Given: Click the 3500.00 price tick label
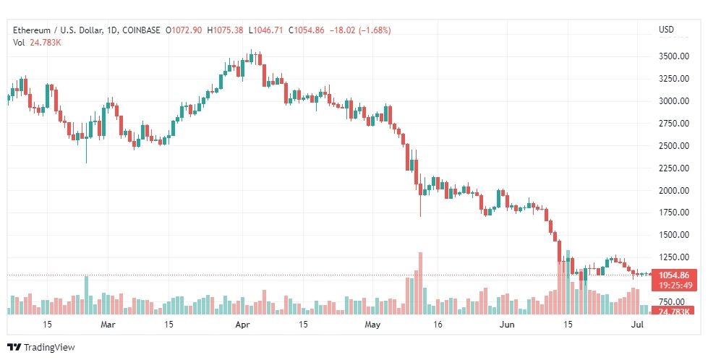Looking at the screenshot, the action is pyautogui.click(x=674, y=56).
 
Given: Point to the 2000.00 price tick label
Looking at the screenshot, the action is pyautogui.click(x=674, y=190).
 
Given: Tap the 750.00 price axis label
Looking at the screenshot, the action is pyautogui.click(x=674, y=301).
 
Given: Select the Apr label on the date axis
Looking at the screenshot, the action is pyautogui.click(x=243, y=325).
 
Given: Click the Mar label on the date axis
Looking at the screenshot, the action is pyautogui.click(x=108, y=325).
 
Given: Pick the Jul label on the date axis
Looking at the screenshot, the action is pyautogui.click(x=637, y=325).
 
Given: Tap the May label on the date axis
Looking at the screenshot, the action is pyautogui.click(x=372, y=325).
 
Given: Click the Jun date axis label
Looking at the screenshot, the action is pyautogui.click(x=507, y=325).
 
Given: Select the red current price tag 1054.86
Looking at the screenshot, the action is pyautogui.click(x=674, y=275).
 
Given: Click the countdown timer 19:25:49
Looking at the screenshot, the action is pyautogui.click(x=674, y=285).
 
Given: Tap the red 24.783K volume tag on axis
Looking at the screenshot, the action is pyautogui.click(x=674, y=312).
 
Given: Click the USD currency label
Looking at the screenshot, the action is pyautogui.click(x=666, y=30).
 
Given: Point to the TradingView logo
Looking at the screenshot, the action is pyautogui.click(x=41, y=348).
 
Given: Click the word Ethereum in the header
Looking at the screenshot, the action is pyautogui.click(x=32, y=30).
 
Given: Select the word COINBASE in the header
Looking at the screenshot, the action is pyautogui.click(x=141, y=30).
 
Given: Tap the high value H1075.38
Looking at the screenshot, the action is pyautogui.click(x=225, y=30).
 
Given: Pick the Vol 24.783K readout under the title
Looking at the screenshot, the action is pyautogui.click(x=37, y=43).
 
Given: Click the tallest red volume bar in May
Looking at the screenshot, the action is pyautogui.click(x=420, y=283).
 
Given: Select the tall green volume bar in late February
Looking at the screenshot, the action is pyautogui.click(x=86, y=295).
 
